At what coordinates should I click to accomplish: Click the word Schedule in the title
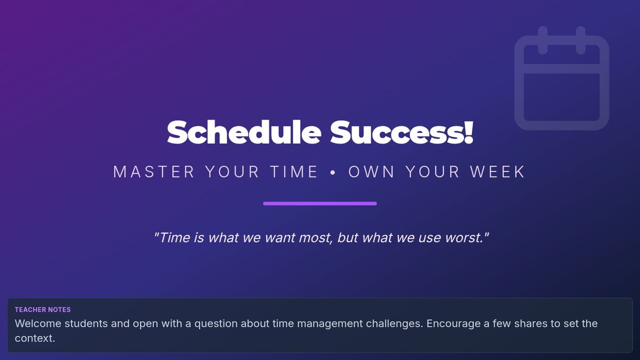(x=244, y=132)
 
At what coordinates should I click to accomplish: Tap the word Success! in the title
(x=402, y=132)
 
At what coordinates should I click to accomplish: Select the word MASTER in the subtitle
(x=154, y=172)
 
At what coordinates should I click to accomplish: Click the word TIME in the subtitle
(x=294, y=172)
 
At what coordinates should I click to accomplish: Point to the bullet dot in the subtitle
(x=333, y=172)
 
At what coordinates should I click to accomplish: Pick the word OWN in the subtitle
(x=371, y=172)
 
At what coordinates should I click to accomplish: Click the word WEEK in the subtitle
(x=498, y=172)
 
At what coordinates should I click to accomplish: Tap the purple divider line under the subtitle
(x=320, y=203)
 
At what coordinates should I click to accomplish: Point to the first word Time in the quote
(x=174, y=238)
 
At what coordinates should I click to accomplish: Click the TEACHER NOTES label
(x=43, y=310)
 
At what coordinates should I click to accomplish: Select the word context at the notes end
(x=34, y=339)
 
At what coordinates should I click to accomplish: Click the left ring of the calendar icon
(x=543, y=41)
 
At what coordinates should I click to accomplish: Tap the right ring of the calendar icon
(x=581, y=41)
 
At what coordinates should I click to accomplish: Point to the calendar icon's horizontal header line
(x=562, y=69)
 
